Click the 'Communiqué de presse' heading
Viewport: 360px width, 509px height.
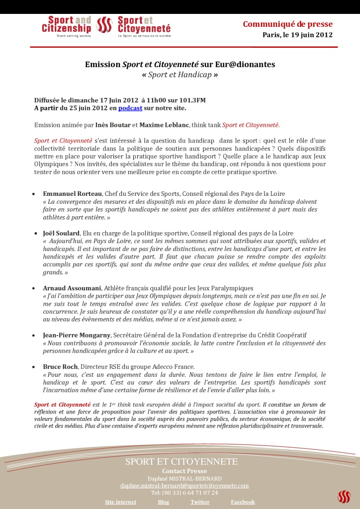(287, 24)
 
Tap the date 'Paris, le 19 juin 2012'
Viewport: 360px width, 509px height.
(297, 35)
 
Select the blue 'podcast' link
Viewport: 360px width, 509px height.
(130, 108)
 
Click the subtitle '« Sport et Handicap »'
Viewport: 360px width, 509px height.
(180, 75)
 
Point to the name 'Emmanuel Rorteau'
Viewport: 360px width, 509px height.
(73, 193)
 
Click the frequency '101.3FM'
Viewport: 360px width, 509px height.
(192, 100)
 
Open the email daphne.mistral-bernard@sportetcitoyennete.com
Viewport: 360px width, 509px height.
(184, 485)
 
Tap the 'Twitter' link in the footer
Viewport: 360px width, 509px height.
(200, 502)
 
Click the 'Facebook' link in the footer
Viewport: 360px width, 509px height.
(243, 502)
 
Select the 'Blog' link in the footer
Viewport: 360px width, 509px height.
(164, 502)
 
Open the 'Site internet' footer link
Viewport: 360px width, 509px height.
(120, 502)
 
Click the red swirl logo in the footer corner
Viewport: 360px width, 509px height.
(344, 496)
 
